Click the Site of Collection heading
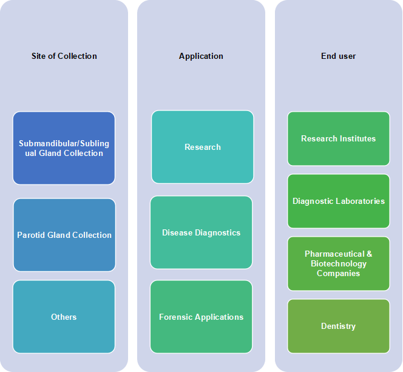click(64, 56)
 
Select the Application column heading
click(201, 56)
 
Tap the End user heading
click(338, 56)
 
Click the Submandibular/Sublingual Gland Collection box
click(64, 148)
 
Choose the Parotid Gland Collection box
click(64, 235)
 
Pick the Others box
click(64, 317)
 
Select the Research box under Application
click(203, 147)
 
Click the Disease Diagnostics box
click(201, 232)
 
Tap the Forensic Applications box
click(201, 317)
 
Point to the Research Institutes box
click(339, 138)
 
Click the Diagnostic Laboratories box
click(339, 201)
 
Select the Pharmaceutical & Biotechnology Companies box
click(339, 263)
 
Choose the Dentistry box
click(339, 326)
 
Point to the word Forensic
click(176, 317)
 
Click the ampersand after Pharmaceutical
click(370, 254)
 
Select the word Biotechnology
click(339, 264)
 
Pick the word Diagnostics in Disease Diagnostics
click(218, 233)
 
